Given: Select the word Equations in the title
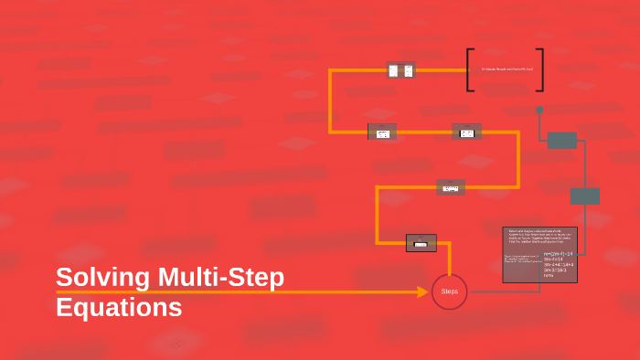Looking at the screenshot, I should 119,307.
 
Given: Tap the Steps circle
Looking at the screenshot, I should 449,291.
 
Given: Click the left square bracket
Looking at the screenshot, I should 470,69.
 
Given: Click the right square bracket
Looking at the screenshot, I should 540,69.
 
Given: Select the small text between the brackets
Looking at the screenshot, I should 506,70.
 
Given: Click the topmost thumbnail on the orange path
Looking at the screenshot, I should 401,70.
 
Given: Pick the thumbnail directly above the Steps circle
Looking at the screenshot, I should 421,242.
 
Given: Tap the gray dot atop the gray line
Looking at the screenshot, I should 539,110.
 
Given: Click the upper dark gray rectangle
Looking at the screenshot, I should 562,141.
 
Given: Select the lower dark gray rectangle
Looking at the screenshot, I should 585,196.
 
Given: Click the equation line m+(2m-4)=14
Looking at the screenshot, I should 558,253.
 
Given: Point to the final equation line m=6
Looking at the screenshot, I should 549,276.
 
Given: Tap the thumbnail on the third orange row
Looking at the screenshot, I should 451,187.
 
